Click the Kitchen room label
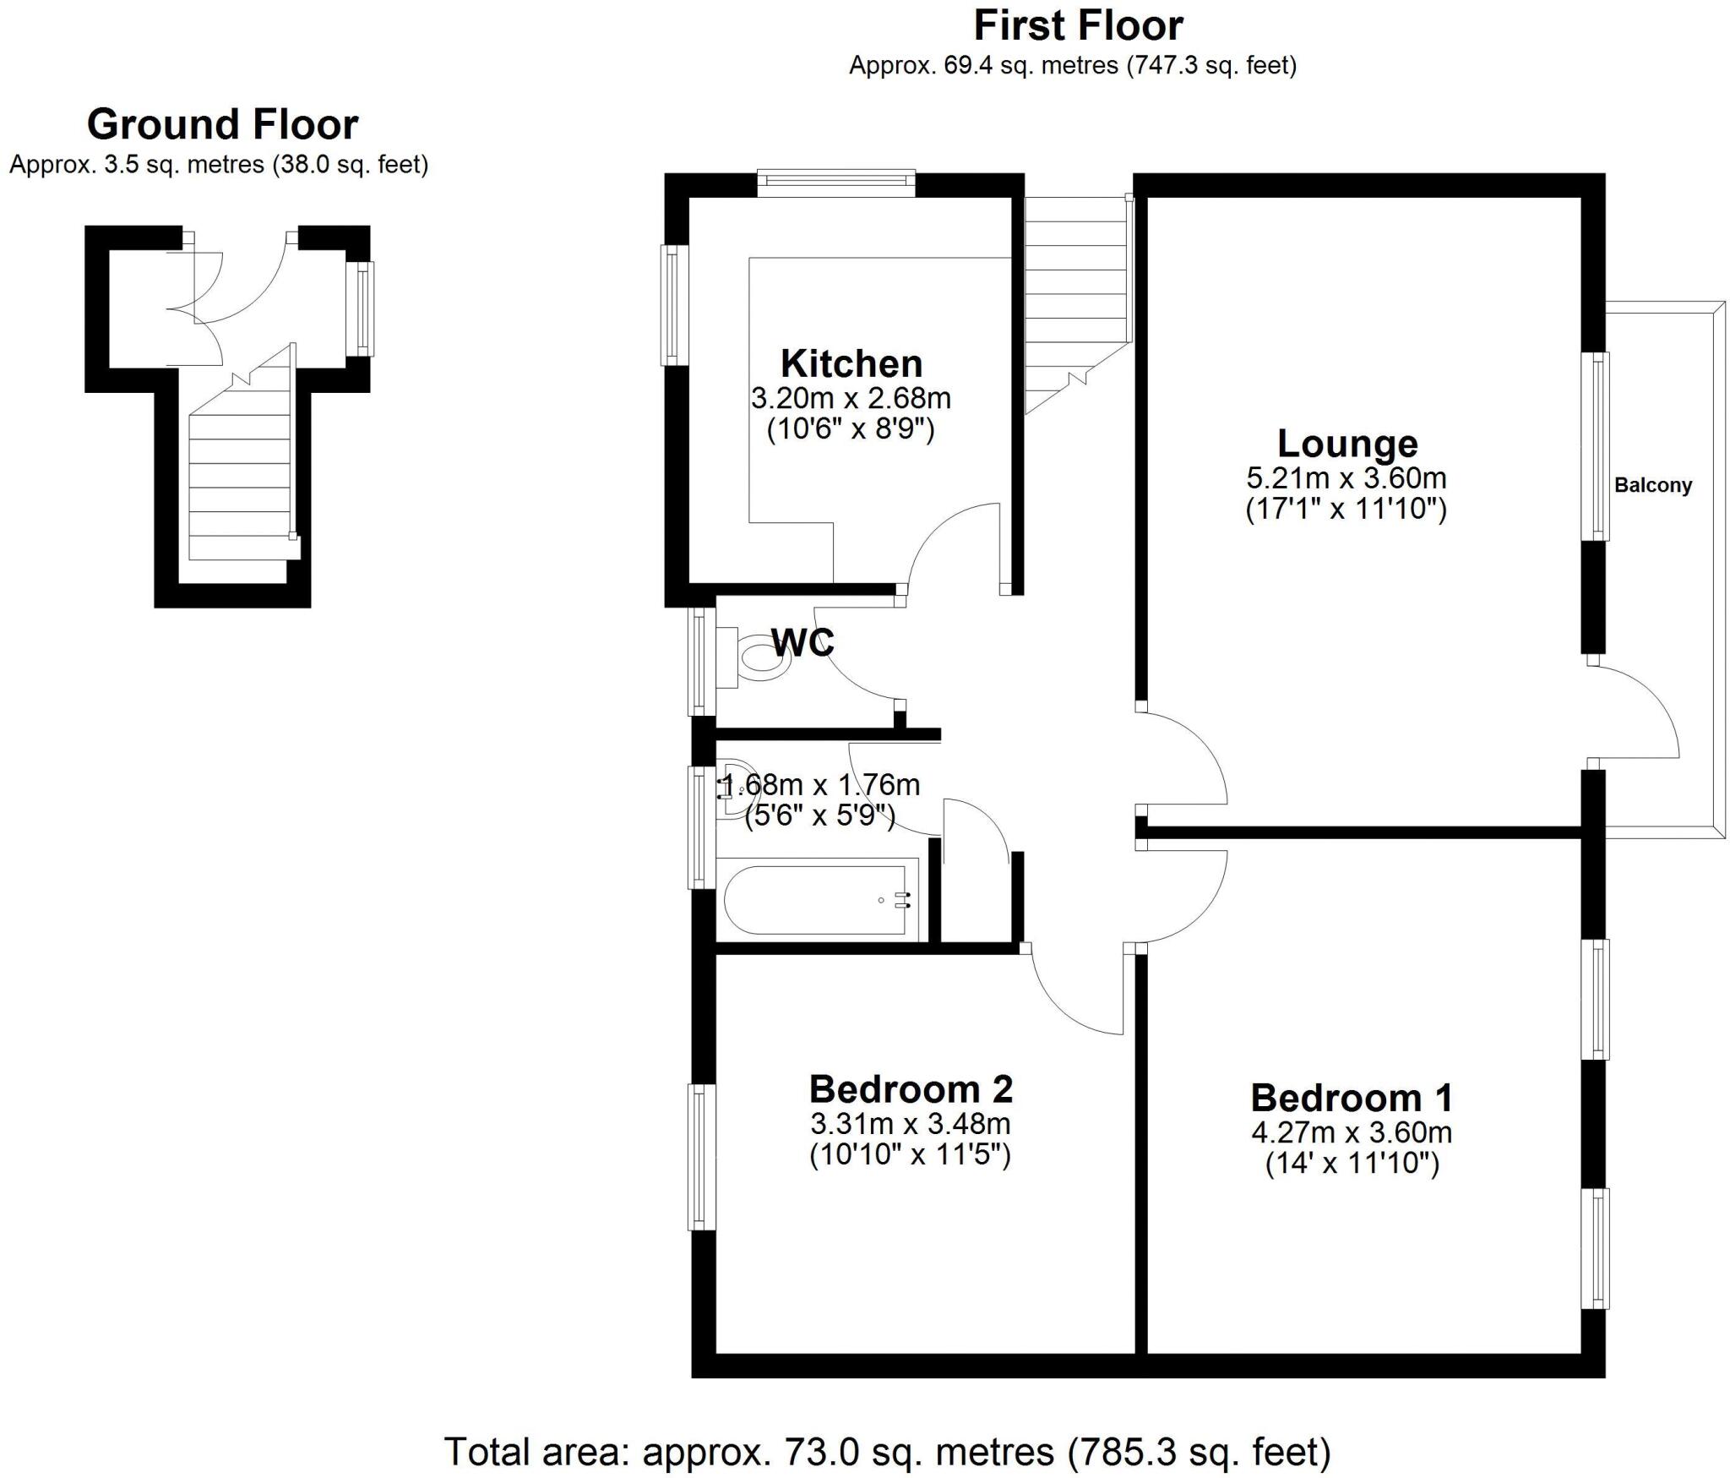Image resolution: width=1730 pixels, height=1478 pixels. click(x=851, y=363)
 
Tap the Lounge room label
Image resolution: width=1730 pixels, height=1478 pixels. click(x=1346, y=444)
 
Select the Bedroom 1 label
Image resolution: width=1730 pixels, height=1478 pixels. click(x=1352, y=1098)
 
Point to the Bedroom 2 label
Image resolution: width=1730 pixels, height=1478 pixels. click(x=911, y=1089)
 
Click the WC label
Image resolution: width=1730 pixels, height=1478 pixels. click(x=802, y=643)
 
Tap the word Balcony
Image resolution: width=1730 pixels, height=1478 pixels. click(x=1652, y=486)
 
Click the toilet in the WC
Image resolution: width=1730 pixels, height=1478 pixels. click(x=760, y=657)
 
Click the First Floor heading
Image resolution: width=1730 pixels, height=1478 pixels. click(x=1078, y=25)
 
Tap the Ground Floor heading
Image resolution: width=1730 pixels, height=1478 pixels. click(x=222, y=125)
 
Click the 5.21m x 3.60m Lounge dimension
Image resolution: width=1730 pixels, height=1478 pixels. click(x=1346, y=478)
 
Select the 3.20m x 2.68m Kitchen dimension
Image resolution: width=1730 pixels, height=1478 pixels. click(x=851, y=398)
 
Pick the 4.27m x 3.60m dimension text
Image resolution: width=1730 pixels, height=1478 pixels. click(x=1352, y=1132)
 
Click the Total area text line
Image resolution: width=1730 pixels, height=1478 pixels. click(x=887, y=1452)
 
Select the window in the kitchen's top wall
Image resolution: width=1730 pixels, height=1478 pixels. click(x=835, y=182)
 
